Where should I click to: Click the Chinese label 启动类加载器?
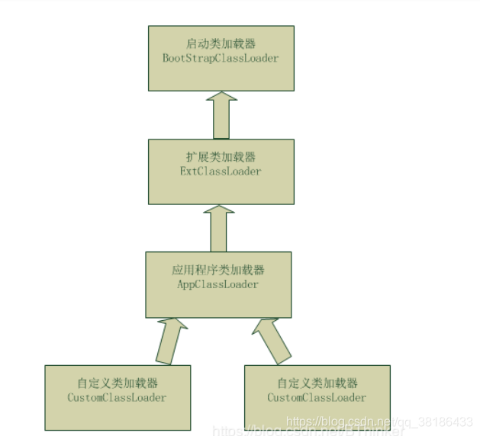click(221, 44)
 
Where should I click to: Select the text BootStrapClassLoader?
click(221, 58)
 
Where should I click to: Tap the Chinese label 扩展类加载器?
click(220, 158)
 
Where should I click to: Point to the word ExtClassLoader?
click(220, 172)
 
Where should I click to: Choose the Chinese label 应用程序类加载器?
click(218, 271)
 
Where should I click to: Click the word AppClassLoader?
click(218, 284)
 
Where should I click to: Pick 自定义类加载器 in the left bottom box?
click(117, 383)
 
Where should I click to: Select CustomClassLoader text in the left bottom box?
click(117, 397)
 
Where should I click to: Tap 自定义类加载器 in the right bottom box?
click(317, 383)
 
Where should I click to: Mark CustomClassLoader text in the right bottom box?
click(317, 397)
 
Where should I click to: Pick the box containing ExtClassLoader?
click(220, 183)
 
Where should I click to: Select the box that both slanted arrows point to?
click(218, 301)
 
